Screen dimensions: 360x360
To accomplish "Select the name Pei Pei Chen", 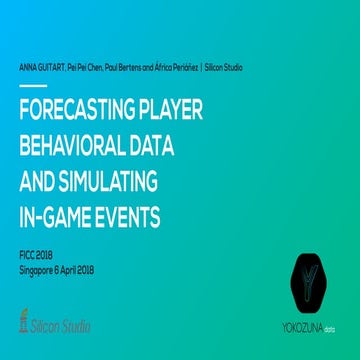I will click(83, 67).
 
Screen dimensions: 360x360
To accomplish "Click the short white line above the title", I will click(32, 86).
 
